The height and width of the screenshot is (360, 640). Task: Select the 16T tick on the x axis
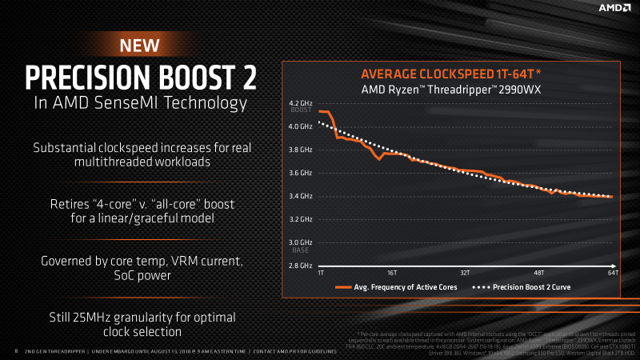click(x=392, y=273)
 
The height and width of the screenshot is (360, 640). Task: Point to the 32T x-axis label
click(x=466, y=273)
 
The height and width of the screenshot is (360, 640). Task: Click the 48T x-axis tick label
click(x=539, y=273)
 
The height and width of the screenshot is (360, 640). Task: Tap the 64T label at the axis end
click(x=612, y=273)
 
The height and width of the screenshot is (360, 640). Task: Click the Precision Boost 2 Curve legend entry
click(x=546, y=286)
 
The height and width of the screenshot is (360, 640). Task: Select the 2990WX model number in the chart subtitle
click(x=521, y=89)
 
